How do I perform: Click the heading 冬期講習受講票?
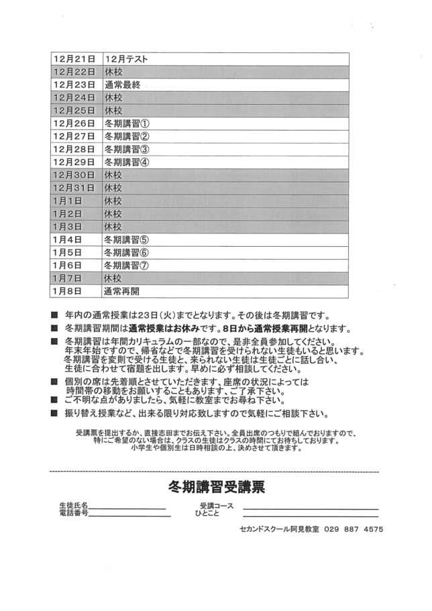click(x=216, y=486)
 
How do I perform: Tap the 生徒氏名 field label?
click(x=74, y=504)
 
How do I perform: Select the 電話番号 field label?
click(x=74, y=513)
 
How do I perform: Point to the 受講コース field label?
click(x=216, y=505)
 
